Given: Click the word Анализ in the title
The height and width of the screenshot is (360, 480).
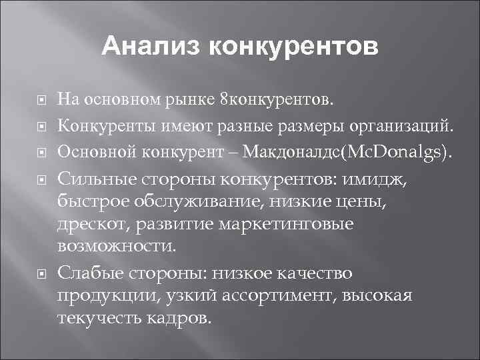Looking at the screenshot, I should pos(151,47).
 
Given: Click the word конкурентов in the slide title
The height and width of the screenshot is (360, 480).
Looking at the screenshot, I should pos(293,47).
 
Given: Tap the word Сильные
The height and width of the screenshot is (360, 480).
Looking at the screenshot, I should pos(97,178).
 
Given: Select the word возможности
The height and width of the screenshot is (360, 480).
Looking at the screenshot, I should pos(117,246).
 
